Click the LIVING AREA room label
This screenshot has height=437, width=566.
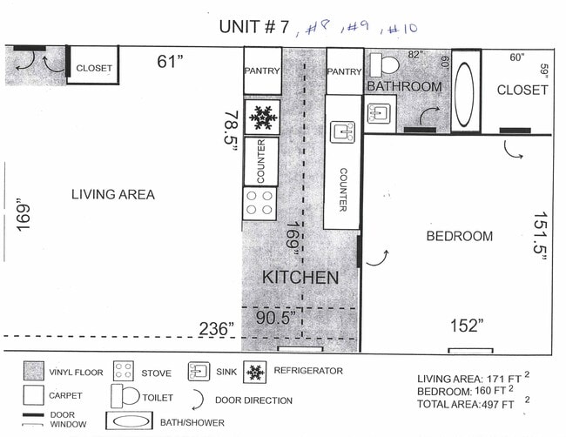(112, 194)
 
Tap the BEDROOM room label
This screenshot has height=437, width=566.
(459, 236)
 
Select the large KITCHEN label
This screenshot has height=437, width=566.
(300, 278)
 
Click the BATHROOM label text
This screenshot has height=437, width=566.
(404, 87)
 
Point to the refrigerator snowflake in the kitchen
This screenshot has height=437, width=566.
(261, 116)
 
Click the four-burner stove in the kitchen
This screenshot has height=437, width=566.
(259, 204)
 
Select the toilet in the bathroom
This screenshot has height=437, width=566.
(384, 65)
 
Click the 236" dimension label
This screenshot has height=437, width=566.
(216, 328)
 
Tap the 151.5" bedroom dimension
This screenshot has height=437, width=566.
(540, 241)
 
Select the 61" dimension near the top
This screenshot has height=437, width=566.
(171, 62)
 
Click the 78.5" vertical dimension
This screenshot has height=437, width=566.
(231, 131)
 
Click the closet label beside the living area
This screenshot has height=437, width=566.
(93, 68)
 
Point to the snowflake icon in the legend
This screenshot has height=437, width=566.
(255, 372)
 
